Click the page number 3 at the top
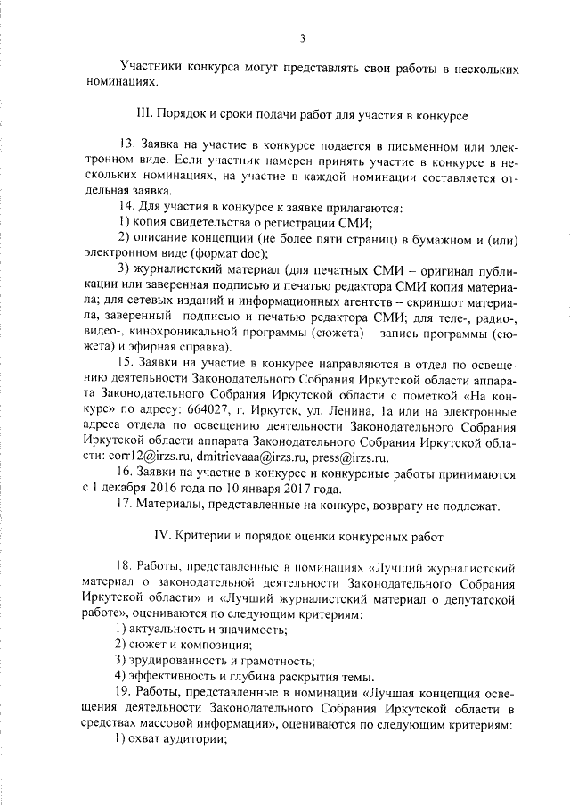pos(303,38)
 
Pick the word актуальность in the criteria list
pos(172,629)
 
